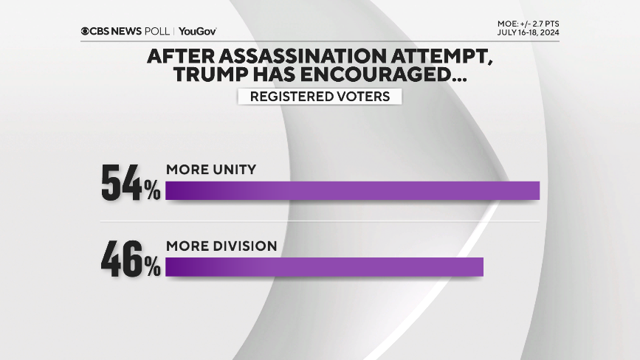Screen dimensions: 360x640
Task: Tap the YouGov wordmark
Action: [198, 31]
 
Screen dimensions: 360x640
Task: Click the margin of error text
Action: [528, 24]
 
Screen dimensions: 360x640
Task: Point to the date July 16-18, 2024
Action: [528, 33]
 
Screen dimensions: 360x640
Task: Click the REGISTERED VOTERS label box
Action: [320, 97]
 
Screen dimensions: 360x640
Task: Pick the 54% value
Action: [131, 184]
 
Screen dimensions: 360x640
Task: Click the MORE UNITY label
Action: [211, 170]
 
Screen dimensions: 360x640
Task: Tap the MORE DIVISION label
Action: [221, 246]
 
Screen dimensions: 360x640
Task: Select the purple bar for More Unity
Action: [353, 190]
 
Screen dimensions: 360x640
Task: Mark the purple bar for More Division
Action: [324, 267]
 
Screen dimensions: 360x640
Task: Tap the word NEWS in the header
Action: [126, 31]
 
